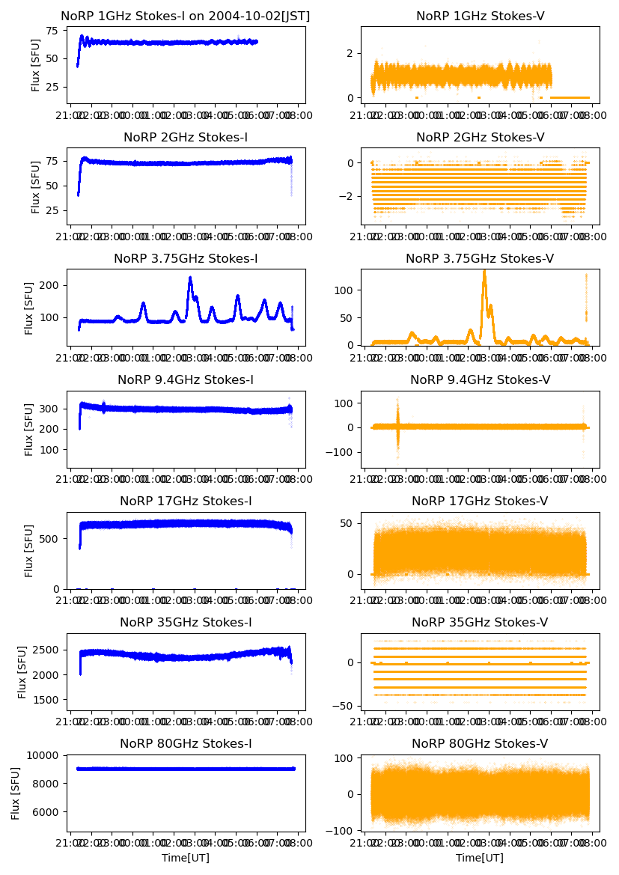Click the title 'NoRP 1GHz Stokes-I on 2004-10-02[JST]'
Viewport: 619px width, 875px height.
coord(185,16)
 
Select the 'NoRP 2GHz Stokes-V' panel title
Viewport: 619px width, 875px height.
coord(480,137)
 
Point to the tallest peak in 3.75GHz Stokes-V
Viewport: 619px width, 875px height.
coord(484,271)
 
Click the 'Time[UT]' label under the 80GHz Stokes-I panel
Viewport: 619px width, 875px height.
coord(185,857)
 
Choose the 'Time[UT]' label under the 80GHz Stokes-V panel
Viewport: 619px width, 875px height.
coord(480,857)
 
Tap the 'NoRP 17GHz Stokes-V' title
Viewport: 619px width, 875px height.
coord(480,501)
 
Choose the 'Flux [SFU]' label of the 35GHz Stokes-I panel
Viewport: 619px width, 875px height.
coord(23,671)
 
